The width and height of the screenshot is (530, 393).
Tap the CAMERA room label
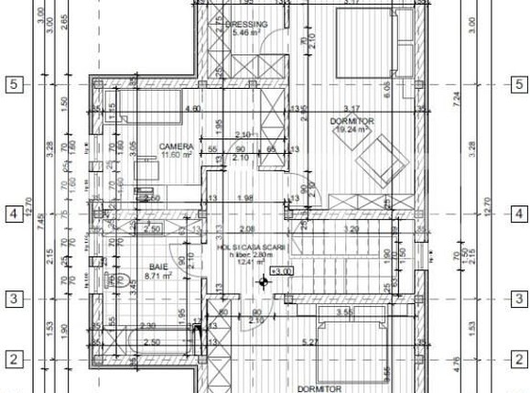click(175, 147)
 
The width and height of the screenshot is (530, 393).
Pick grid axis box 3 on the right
click(519, 298)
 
